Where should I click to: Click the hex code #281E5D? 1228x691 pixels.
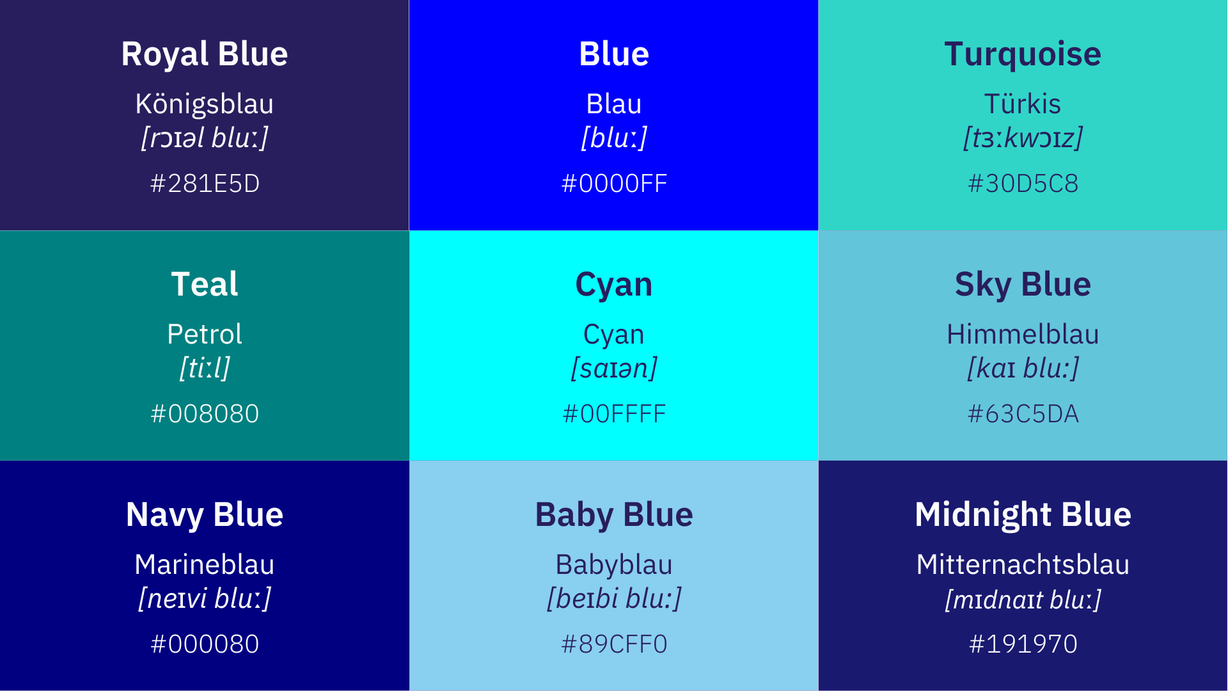(x=205, y=184)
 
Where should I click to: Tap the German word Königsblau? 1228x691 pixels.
(x=205, y=104)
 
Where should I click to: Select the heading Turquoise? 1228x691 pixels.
(x=1023, y=54)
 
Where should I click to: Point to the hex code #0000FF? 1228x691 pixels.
(x=614, y=184)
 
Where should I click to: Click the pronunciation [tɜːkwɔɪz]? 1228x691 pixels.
(x=1023, y=138)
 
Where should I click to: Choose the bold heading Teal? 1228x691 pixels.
(x=205, y=284)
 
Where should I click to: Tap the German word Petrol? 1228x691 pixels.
(x=205, y=334)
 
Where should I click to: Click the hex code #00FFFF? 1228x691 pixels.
(x=614, y=414)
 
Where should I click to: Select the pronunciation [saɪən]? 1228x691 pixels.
(x=614, y=369)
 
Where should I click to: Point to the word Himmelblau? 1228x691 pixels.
(x=1023, y=334)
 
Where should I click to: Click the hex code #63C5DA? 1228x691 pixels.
(x=1023, y=414)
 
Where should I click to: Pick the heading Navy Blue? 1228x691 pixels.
(x=205, y=515)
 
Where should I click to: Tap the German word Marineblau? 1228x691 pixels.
(x=205, y=564)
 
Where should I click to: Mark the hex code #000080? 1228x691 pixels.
(x=205, y=644)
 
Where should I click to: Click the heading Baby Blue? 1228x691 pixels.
(x=614, y=515)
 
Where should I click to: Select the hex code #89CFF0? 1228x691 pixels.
(x=614, y=644)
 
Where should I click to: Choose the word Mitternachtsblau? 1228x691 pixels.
(x=1023, y=564)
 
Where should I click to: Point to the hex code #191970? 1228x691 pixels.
(x=1023, y=644)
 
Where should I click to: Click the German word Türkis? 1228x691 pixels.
(x=1023, y=104)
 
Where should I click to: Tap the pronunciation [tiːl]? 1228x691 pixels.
(x=205, y=369)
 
